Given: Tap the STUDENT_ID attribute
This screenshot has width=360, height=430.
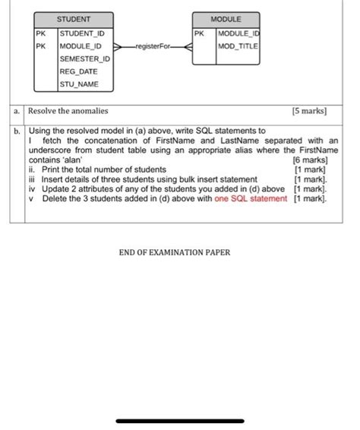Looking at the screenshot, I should [82, 34].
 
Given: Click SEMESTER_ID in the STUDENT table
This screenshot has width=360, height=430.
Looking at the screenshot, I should [84, 58].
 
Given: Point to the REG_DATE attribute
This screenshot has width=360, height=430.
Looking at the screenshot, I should [77, 71].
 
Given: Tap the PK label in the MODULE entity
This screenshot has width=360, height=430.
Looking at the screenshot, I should [199, 34].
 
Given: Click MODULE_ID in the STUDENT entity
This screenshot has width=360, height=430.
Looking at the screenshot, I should [81, 46].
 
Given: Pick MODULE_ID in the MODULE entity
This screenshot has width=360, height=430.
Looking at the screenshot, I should [238, 34].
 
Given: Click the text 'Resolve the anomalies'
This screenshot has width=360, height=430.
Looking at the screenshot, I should [68, 111].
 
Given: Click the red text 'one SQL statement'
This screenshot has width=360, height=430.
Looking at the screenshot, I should [251, 198].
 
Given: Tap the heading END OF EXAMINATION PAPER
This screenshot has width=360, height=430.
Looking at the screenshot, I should [174, 252].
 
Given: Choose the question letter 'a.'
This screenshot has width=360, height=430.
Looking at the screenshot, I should [17, 111].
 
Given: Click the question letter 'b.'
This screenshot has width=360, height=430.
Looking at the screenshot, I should [17, 131].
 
